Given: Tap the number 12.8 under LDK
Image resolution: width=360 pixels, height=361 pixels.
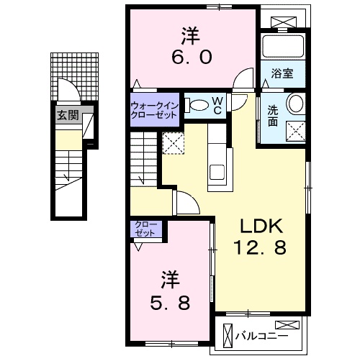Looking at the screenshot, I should (261, 248).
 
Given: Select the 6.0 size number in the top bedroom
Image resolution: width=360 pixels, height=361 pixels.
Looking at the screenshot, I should (191, 57).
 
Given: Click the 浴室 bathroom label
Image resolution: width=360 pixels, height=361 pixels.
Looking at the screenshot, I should (282, 73).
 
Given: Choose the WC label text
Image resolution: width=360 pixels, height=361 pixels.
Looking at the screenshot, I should (216, 105).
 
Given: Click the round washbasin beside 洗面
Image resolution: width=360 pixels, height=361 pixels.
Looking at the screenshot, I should (295, 104).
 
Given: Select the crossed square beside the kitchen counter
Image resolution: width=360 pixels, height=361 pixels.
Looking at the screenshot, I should (171, 142).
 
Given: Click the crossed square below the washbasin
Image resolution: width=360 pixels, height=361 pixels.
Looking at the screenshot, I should (294, 131).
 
